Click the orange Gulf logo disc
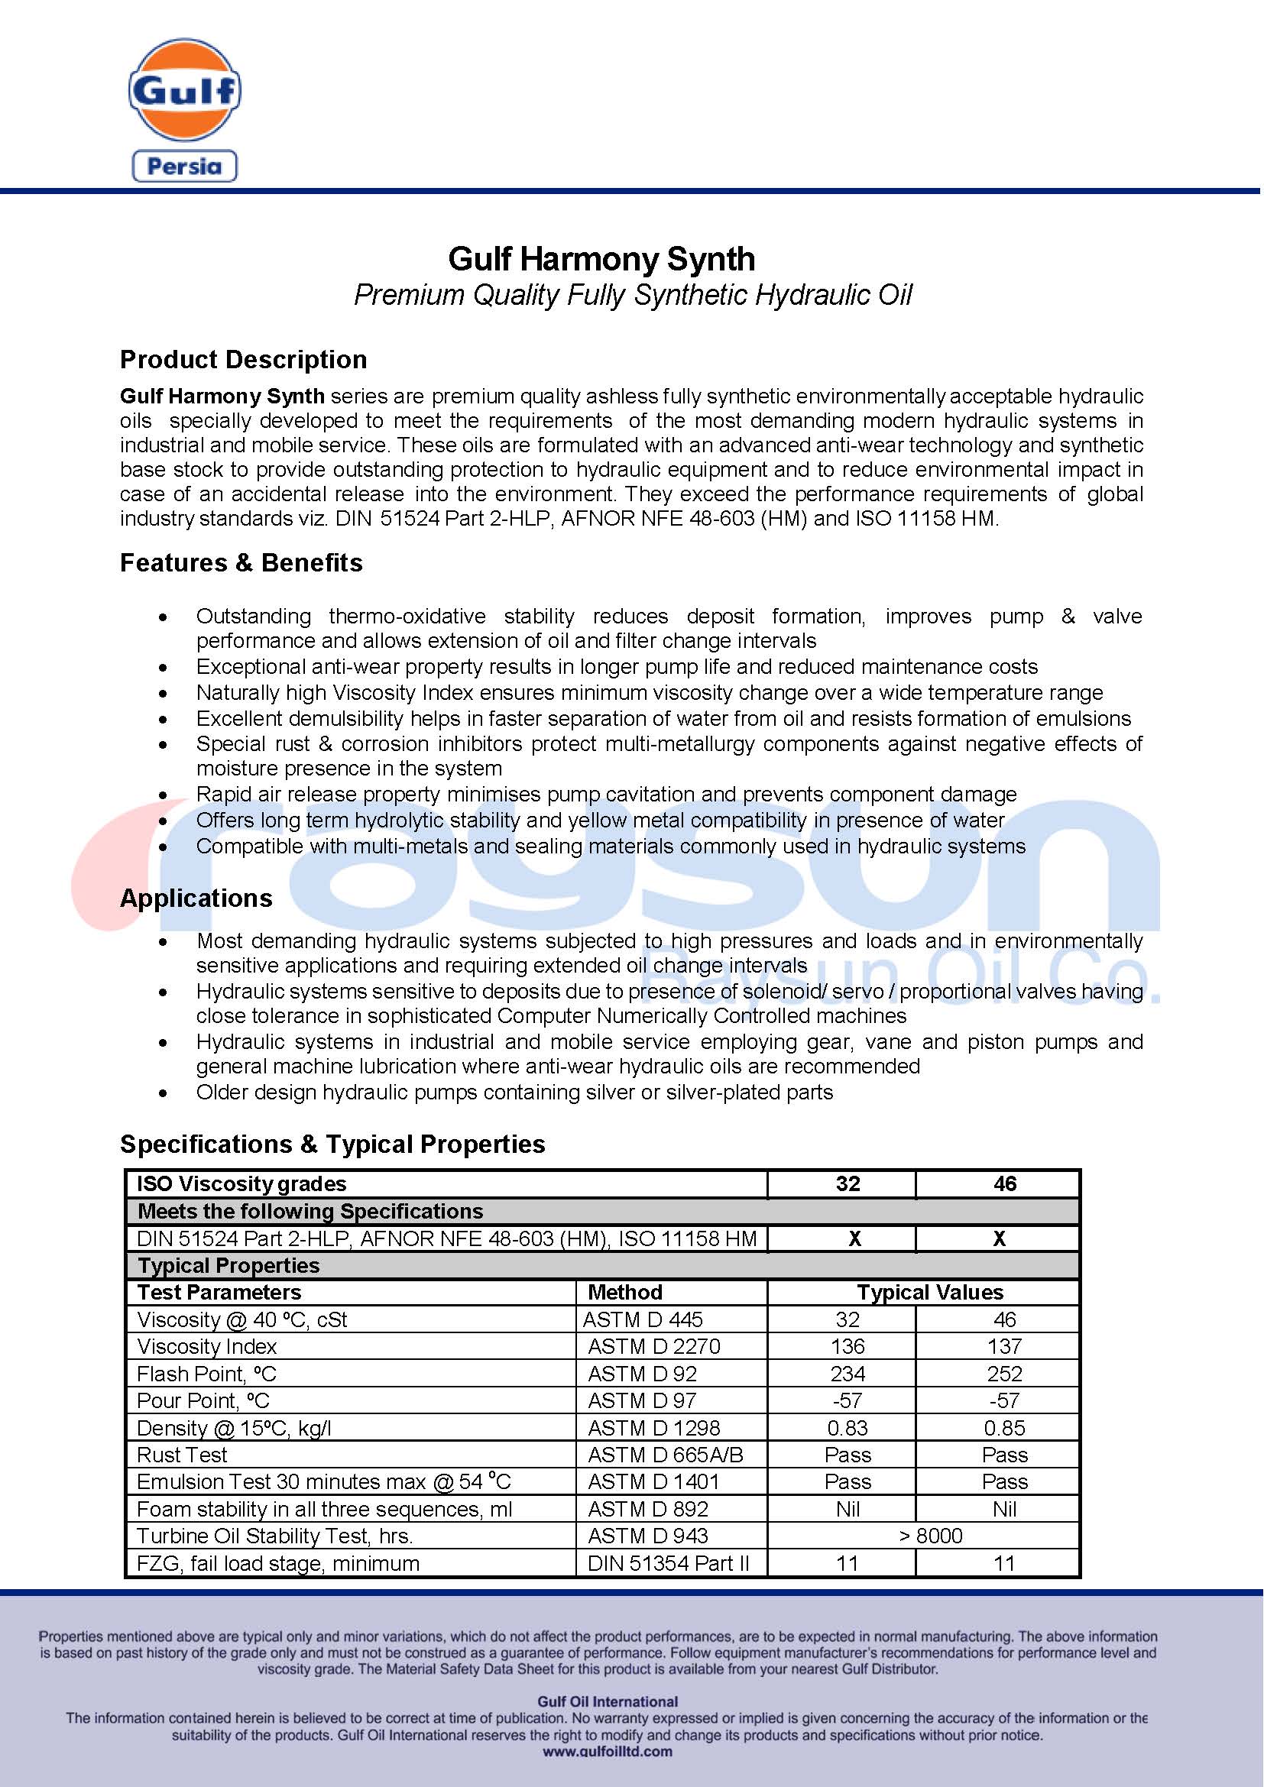184,89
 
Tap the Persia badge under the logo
184,166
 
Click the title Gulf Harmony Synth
601,259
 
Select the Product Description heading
243,360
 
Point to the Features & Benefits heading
241,563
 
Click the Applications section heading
196,898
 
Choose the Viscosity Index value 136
847,1346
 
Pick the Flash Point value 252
1004,1374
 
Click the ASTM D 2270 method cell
654,1346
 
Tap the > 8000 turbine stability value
930,1536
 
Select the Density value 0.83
847,1428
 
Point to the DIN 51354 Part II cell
668,1564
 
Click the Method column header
625,1293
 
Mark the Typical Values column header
930,1293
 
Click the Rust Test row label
182,1455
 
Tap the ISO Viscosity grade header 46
1004,1183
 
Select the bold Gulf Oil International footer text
607,1701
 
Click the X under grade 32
854,1238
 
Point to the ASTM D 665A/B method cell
666,1455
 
